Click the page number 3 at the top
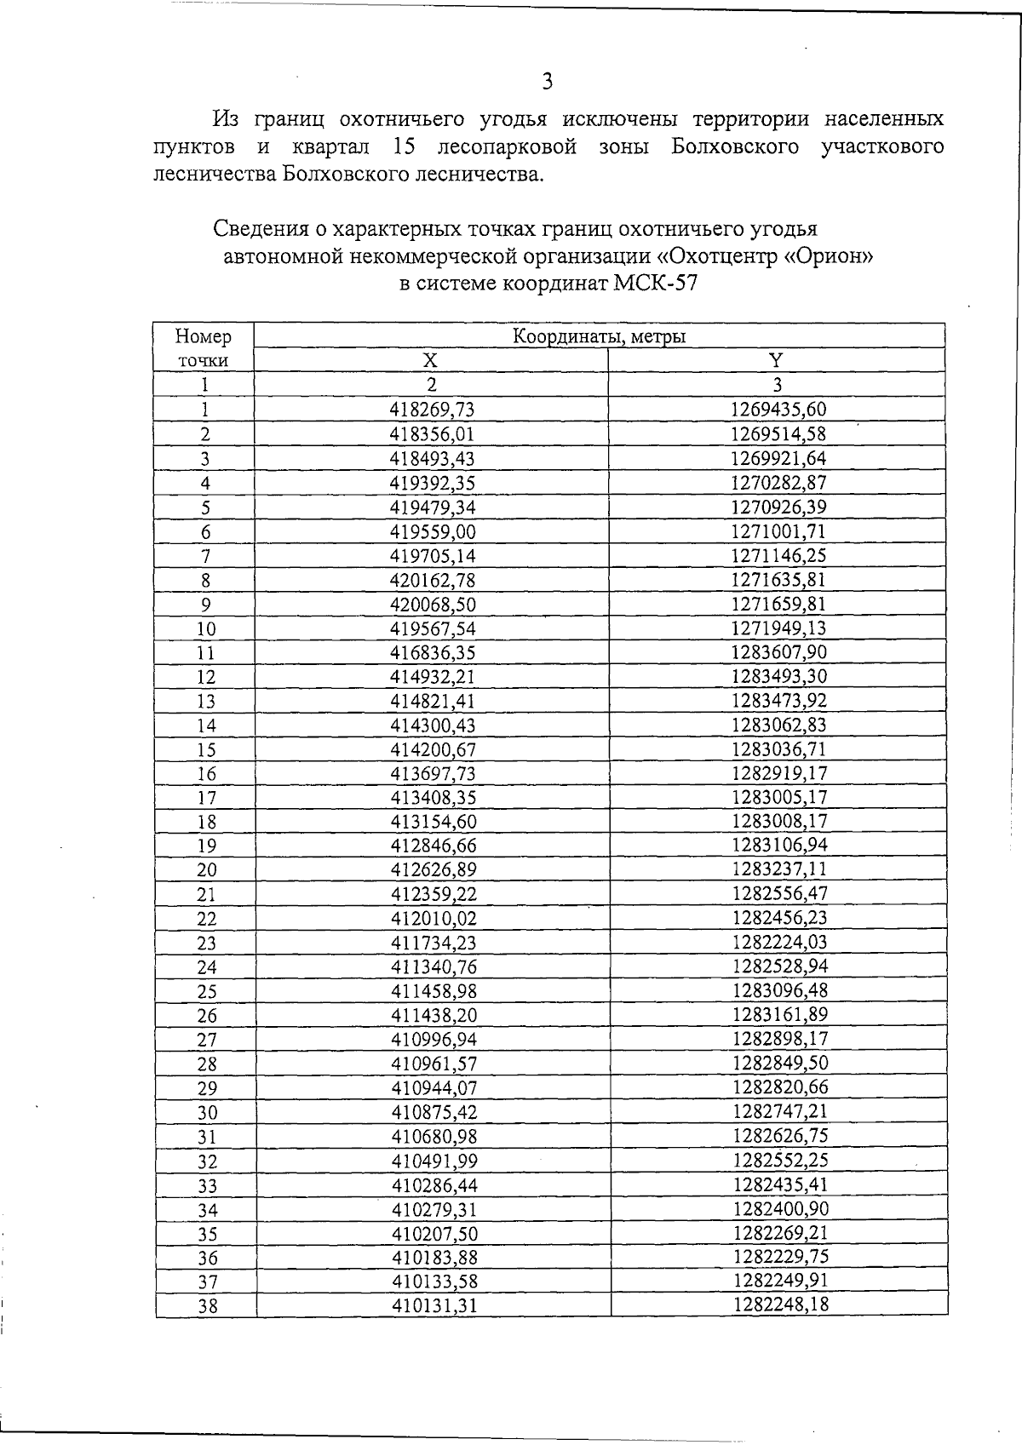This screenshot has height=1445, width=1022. tap(547, 82)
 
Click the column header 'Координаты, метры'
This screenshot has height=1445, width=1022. tap(599, 336)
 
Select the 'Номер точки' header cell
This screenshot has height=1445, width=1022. tap(204, 348)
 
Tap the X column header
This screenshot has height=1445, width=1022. tap(432, 360)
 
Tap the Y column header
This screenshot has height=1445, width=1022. tap(776, 360)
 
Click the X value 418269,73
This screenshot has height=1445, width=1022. tap(432, 410)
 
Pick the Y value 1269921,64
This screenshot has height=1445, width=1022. tap(778, 458)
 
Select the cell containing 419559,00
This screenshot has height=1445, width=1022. tap(432, 532)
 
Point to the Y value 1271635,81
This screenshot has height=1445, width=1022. tap(778, 580)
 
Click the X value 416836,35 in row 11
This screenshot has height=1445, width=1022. tap(432, 653)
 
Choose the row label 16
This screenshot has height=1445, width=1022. tap(205, 774)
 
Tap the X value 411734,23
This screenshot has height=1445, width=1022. tap(433, 943)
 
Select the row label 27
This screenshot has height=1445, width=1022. tap(206, 1040)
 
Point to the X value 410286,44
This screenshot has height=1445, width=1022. tap(433, 1185)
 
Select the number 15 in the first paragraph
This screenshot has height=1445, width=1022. tap(405, 146)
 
